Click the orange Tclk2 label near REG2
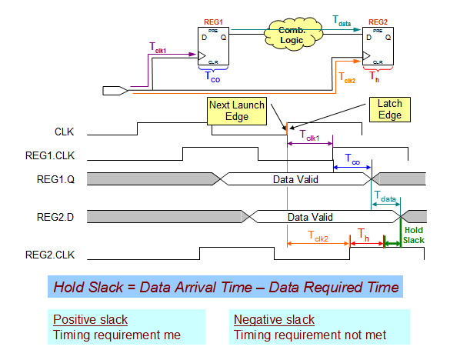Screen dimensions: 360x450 (x=347, y=76)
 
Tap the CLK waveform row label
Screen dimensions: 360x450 (x=65, y=132)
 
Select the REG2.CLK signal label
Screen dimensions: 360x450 (x=52, y=254)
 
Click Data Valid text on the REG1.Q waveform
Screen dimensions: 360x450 (x=295, y=178)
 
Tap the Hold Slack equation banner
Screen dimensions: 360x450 (x=225, y=287)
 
